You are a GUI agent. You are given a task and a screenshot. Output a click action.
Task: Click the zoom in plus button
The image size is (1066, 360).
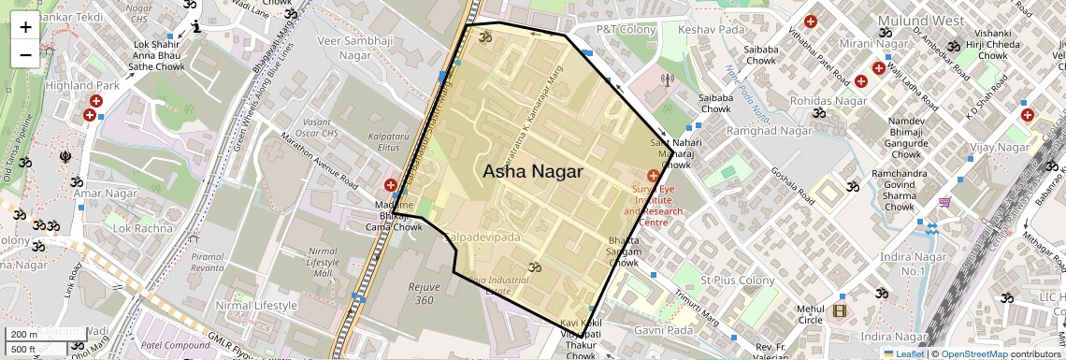[x=25, y=27]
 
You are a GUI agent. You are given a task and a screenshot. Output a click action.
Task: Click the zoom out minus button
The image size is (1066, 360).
[x=25, y=54]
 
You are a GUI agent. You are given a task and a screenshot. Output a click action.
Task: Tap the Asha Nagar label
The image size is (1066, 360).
[x=532, y=172]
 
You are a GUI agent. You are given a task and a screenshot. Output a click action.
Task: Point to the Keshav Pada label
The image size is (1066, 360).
[x=711, y=30]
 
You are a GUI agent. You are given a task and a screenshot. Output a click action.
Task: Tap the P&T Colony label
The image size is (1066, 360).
[x=627, y=30]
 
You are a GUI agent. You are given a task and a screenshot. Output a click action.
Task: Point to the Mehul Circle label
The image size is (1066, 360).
[x=809, y=315]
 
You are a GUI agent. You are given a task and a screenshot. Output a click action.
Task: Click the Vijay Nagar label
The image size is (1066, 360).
[x=1000, y=148]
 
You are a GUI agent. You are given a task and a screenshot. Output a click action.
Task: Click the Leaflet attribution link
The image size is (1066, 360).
[x=903, y=353]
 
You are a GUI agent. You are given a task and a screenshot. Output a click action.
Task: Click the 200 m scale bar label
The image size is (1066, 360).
[x=24, y=334]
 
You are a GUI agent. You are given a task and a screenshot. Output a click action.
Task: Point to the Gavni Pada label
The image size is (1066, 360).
[x=662, y=330]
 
